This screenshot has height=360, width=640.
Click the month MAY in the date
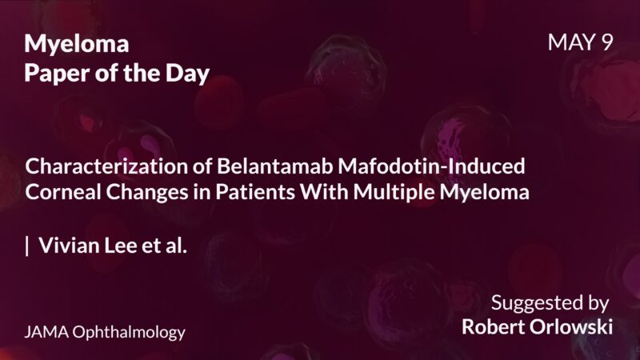(x=569, y=42)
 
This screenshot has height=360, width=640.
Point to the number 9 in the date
(x=606, y=42)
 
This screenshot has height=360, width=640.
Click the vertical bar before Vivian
(x=27, y=246)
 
